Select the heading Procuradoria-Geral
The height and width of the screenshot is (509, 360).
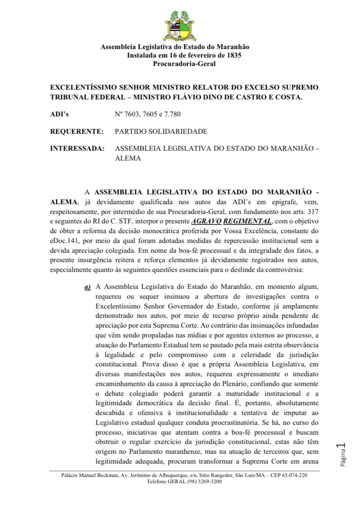point(184,64)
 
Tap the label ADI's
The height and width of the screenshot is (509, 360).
point(59,114)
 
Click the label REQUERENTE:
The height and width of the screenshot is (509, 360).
point(77,131)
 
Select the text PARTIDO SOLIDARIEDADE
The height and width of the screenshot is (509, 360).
point(161,131)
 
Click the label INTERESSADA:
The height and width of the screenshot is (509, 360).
point(78,148)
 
